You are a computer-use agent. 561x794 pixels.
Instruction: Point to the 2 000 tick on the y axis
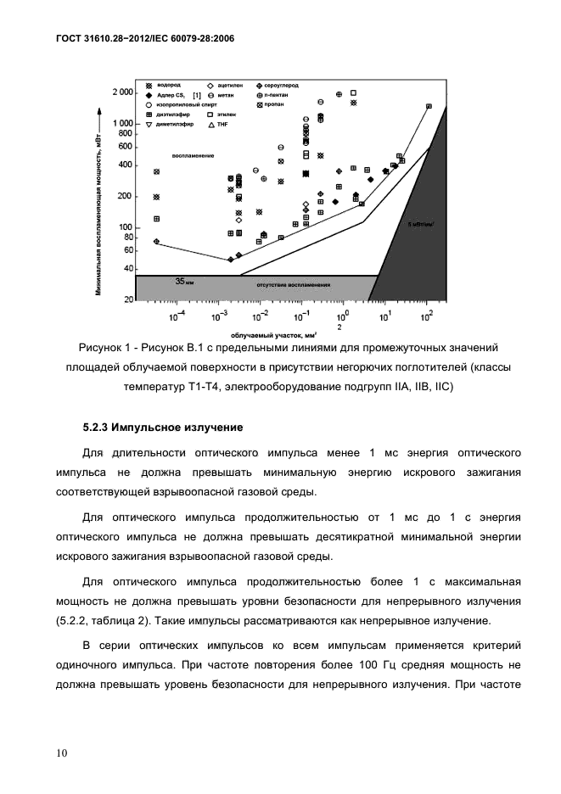coord(122,92)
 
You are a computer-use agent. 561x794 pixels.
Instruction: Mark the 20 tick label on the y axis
coord(128,300)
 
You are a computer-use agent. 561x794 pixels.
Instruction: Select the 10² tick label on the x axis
coord(426,317)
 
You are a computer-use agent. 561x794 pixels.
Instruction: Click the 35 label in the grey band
coord(179,280)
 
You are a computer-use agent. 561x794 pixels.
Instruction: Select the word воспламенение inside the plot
coord(193,156)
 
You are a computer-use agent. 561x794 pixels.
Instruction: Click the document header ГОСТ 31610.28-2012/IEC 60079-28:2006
coord(145,38)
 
